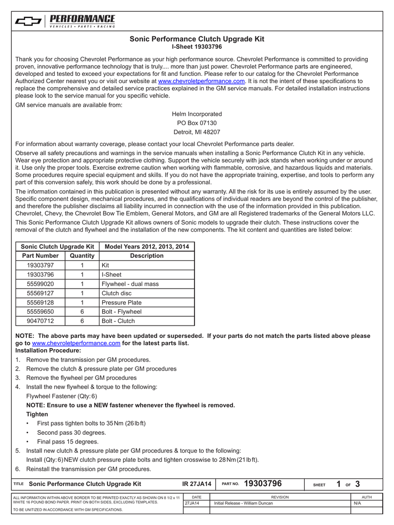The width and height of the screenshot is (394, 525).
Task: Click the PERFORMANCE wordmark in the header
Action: coord(82,19)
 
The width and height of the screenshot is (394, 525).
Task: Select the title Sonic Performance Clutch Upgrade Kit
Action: coord(197,39)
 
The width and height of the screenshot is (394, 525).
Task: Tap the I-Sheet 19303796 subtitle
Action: coord(197,47)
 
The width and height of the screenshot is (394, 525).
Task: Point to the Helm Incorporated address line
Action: coord(197,114)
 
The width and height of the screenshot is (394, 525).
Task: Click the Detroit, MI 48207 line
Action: coord(197,132)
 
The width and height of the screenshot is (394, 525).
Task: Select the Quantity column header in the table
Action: coord(82,256)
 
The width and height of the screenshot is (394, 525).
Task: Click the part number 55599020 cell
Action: coord(41,284)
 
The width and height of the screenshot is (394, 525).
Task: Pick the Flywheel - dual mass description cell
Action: coord(130,284)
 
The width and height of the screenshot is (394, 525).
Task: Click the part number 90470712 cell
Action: coord(41,321)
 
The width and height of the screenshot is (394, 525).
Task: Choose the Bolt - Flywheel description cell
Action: coord(122,312)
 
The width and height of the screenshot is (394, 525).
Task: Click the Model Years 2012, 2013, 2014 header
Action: coord(147,247)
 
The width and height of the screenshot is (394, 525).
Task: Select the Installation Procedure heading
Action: coord(48,351)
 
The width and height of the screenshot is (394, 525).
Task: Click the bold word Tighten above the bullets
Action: coord(37,414)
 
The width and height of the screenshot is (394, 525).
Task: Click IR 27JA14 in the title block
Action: coord(197,484)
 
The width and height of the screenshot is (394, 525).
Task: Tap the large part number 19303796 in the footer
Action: coord(263,483)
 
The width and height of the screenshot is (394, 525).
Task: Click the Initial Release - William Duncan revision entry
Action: coord(244,503)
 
